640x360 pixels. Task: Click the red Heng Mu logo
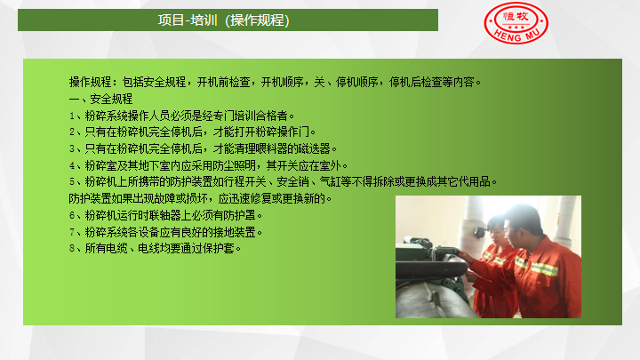[516, 23]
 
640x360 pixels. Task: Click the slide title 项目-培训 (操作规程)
[223, 20]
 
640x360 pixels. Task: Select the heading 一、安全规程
[100, 99]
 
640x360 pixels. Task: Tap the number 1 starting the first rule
[72, 116]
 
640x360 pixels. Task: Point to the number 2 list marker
[72, 132]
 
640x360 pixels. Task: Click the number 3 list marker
[72, 149]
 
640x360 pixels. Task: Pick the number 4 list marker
[72, 165]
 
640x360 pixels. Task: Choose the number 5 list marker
[72, 181]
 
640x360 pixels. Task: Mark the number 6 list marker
[72, 215]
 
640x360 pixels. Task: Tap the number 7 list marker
[72, 232]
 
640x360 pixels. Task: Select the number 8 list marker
[72, 248]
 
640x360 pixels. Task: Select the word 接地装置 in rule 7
[235, 232]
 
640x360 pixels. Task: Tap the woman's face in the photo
[495, 232]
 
